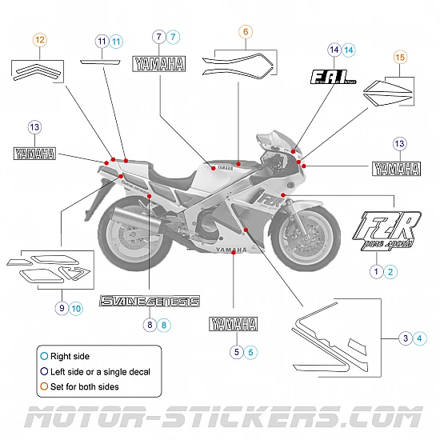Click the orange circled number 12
coord(40,38)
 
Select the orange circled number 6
coord(246,31)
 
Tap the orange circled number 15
coord(400,57)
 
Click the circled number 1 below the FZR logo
coord(375,271)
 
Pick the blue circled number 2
coord(390,271)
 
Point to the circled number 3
coord(406,338)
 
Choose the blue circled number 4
coord(421,338)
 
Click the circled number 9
coord(61,307)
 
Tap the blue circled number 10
coord(76,307)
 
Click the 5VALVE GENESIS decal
coord(150,302)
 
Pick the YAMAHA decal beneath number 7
coord(159,65)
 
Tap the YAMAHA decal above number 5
coord(234,324)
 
